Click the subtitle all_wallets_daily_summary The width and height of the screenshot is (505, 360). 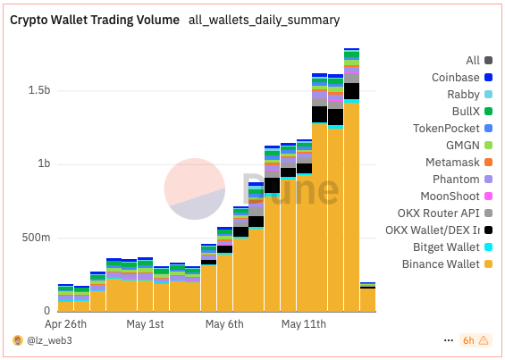[x=264, y=20]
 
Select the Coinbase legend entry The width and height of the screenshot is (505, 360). [x=455, y=78]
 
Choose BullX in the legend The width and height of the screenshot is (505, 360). [x=464, y=112]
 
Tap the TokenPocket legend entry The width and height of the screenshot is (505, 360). [x=448, y=129]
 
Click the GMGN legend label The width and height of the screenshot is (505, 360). [x=462, y=146]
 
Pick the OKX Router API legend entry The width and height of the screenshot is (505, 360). [x=439, y=213]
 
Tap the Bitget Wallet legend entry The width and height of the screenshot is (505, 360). [x=446, y=247]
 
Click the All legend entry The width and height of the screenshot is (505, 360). [x=472, y=61]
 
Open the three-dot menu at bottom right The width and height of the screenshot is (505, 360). [x=448, y=341]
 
